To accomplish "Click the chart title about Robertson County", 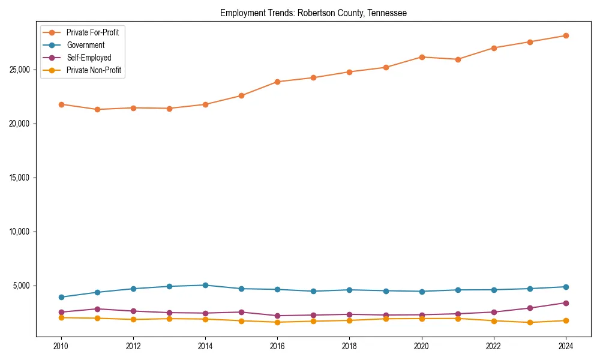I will [x=313, y=13].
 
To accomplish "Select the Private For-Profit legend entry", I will [x=92, y=32].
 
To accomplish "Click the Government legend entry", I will [x=85, y=45].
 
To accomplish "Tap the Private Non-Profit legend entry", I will [x=94, y=70].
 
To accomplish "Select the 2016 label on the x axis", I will [x=277, y=346].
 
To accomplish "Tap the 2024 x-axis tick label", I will [x=566, y=346].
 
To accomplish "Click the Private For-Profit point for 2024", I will [x=566, y=35].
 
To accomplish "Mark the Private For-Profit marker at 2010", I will [x=61, y=104].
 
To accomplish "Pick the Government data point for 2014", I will [x=205, y=285].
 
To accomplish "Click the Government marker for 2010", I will [x=61, y=297].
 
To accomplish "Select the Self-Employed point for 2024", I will [x=566, y=303].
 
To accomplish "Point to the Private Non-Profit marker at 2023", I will [x=530, y=322].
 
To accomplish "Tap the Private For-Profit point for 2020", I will [x=422, y=57].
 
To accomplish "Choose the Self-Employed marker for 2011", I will [x=97, y=309].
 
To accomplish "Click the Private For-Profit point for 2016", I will [x=277, y=82].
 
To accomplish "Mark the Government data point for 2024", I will [x=566, y=287].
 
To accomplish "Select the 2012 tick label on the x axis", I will [x=133, y=346].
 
